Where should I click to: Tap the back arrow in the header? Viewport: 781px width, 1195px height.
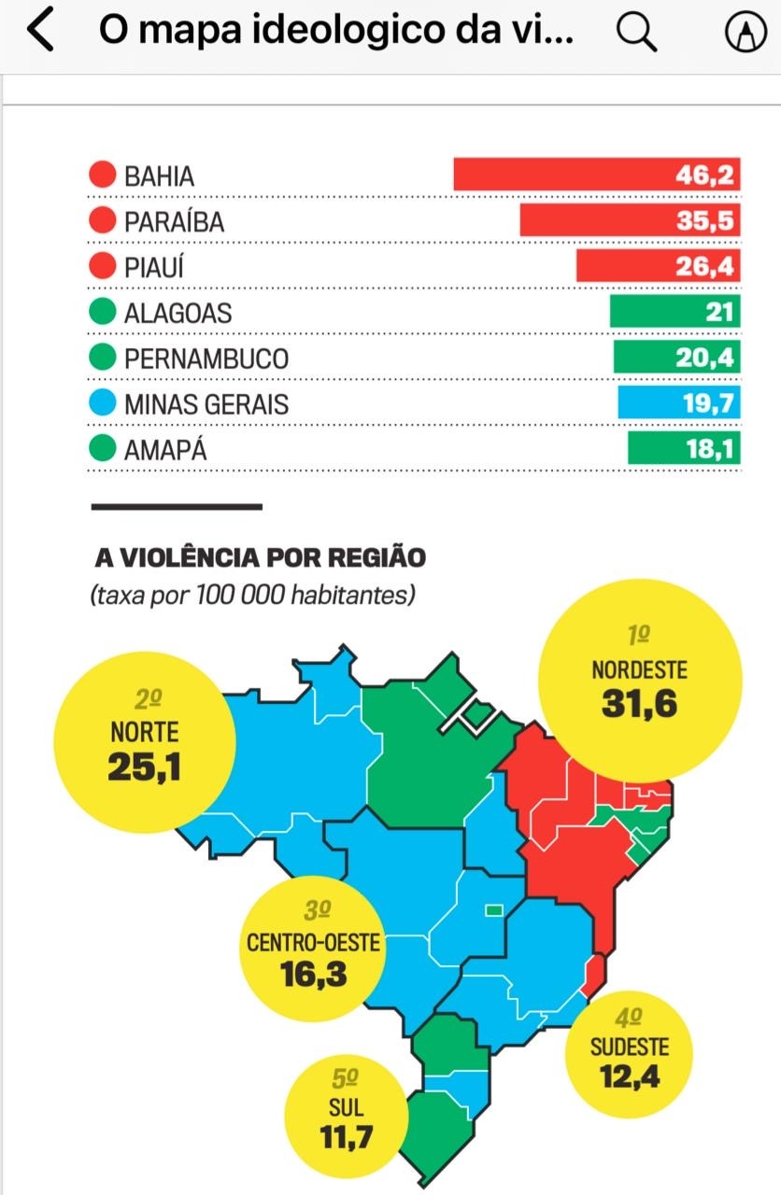[40, 31]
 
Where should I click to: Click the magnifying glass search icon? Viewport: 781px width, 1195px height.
[637, 33]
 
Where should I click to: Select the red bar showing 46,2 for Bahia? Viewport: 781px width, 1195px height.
[596, 175]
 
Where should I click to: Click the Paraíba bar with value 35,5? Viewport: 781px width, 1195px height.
[630, 220]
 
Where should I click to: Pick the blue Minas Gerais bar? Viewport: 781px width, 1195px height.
[678, 403]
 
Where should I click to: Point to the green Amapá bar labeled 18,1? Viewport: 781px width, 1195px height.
[683, 449]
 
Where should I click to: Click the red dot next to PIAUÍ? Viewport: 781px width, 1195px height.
[102, 267]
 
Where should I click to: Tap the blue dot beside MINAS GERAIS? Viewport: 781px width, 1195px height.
[102, 404]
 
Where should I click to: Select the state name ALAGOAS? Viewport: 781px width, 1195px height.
[177, 313]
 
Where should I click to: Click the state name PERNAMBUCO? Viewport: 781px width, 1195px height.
[206, 358]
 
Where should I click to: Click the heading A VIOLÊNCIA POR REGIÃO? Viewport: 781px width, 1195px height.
[260, 558]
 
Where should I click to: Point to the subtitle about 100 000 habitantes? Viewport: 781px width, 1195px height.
[252, 595]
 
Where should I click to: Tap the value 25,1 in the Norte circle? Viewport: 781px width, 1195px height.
[144, 766]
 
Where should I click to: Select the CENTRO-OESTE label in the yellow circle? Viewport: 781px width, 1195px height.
[313, 943]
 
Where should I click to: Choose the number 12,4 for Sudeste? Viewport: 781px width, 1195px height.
[629, 1077]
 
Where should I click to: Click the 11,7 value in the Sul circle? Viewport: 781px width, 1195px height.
[346, 1138]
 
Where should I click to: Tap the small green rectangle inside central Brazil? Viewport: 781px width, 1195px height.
[492, 909]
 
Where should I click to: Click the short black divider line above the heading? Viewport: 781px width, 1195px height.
[177, 507]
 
